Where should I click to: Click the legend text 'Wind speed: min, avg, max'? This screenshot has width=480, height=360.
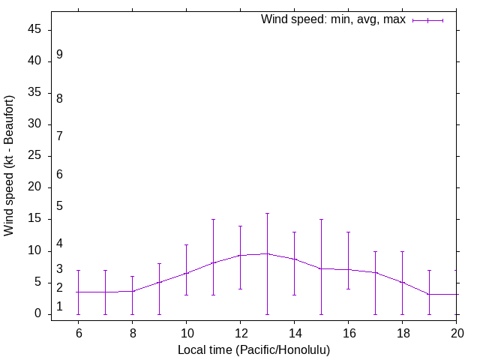333,19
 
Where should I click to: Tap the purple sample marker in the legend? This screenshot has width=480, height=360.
428,20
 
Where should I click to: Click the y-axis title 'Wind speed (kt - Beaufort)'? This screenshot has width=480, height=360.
10,166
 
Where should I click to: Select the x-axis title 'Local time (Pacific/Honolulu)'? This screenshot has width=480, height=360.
253,350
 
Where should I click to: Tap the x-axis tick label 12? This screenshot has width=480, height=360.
240,332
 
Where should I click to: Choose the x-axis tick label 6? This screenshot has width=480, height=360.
78,332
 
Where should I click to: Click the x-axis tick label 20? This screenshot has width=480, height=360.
456,332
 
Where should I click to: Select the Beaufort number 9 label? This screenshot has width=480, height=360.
59,55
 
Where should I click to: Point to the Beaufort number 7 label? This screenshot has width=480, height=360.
59,136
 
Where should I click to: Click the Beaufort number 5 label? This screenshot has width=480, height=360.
59,205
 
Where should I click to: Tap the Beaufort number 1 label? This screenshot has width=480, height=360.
59,306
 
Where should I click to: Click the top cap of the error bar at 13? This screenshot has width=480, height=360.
267,213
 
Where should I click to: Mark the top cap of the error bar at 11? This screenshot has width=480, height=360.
213,220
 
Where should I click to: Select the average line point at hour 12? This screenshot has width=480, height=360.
240,255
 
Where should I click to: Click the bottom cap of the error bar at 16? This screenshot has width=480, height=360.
348,289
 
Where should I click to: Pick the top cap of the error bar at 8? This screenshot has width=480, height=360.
132,276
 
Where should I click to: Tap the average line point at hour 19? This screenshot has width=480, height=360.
429,294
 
